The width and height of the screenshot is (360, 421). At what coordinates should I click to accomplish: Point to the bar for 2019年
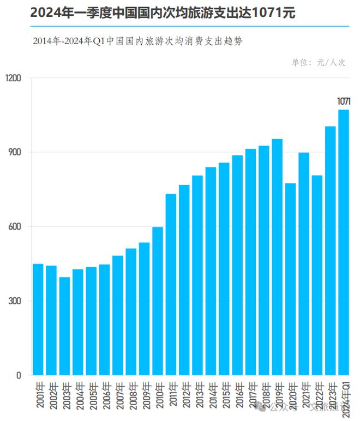point(277,257)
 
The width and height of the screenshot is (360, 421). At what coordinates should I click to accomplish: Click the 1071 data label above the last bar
point(344,101)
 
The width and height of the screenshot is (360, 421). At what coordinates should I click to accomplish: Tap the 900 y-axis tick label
point(15,152)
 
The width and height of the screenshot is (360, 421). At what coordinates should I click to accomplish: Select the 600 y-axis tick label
point(15,226)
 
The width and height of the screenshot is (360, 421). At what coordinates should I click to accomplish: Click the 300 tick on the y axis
point(15,301)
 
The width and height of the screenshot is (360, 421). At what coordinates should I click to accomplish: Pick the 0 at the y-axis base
point(19,375)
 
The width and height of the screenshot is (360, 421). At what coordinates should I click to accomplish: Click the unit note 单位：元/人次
point(319,63)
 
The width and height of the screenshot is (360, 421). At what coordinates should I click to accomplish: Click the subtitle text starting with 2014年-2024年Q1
point(137,41)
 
